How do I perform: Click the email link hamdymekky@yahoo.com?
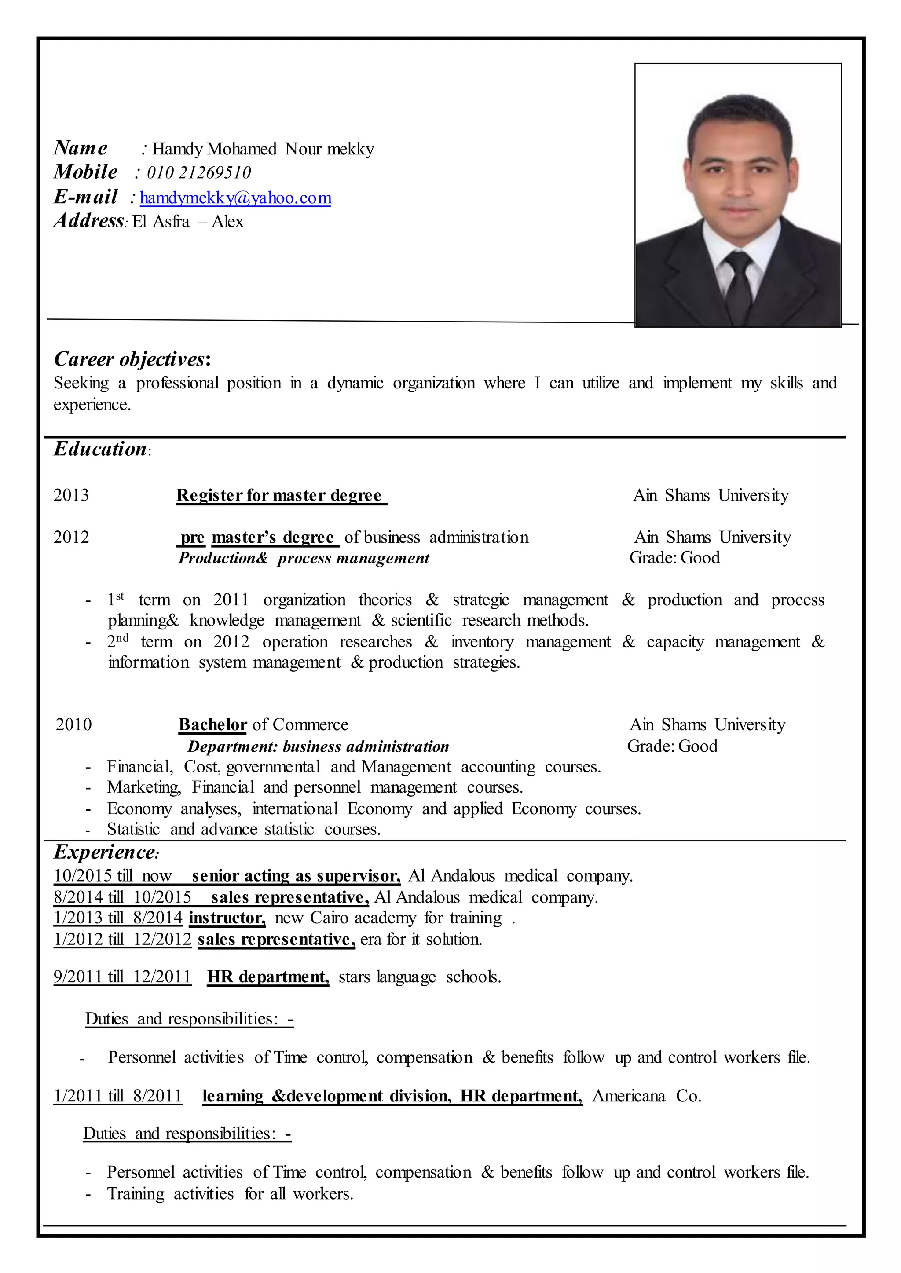[x=235, y=198]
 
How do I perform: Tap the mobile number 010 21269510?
[x=198, y=172]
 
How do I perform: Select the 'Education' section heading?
[x=100, y=449]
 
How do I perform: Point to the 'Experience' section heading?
[x=106, y=852]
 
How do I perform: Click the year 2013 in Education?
[x=71, y=495]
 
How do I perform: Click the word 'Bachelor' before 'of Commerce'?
[x=212, y=724]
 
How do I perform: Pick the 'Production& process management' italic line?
[x=304, y=558]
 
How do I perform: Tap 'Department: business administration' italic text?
[x=318, y=746]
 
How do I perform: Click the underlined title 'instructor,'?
[x=227, y=918]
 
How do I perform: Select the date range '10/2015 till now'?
[x=113, y=876]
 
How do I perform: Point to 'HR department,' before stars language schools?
[x=268, y=977]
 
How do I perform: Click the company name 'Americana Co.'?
[x=646, y=1096]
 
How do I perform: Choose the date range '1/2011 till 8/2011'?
[x=117, y=1096]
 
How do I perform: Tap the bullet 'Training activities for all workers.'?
[x=230, y=1194]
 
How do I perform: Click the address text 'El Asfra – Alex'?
[x=187, y=222]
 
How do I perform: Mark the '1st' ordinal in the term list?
[x=115, y=600]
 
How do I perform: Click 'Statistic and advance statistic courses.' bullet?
[x=244, y=830]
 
